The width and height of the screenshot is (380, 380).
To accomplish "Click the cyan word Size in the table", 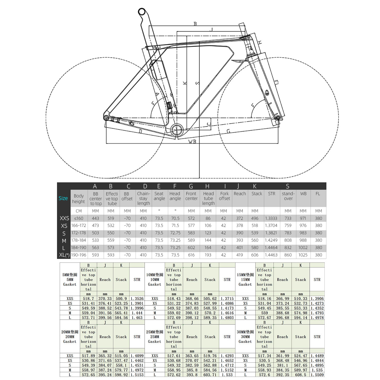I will click(x=63, y=198).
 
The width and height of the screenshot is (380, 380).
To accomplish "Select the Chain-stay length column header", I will click(x=143, y=198).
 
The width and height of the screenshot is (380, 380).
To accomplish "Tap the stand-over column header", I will click(x=288, y=196).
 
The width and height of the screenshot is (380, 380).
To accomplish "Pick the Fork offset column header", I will click(x=224, y=196).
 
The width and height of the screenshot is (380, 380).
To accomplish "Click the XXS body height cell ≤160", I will click(x=79, y=218).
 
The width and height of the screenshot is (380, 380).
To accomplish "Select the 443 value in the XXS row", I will click(x=96, y=218).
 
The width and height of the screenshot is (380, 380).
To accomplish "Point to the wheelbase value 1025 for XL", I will click(x=303, y=255).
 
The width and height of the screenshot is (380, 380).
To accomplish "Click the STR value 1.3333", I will click(x=271, y=218).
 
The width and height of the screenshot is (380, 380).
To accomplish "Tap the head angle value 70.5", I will click(x=175, y=218).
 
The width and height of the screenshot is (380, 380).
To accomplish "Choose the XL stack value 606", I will click(x=255, y=255).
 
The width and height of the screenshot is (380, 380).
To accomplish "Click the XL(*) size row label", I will click(x=64, y=255).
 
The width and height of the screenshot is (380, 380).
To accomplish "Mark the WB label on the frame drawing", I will click(x=192, y=142).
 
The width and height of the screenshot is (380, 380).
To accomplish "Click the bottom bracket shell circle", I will click(x=177, y=130).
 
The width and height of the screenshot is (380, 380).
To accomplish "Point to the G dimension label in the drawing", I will click(x=228, y=131).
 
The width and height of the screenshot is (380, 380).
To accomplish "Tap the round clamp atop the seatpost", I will click(x=142, y=12).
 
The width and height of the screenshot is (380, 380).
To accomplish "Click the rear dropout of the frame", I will click(x=106, y=118).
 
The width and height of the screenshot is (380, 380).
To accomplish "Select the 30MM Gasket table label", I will click(x=245, y=337).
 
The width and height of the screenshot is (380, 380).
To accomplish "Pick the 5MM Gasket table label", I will click(x=70, y=280).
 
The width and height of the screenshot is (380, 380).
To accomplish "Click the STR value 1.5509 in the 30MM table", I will click(x=317, y=375).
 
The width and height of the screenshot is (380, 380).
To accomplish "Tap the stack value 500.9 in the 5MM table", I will click(x=121, y=299).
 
